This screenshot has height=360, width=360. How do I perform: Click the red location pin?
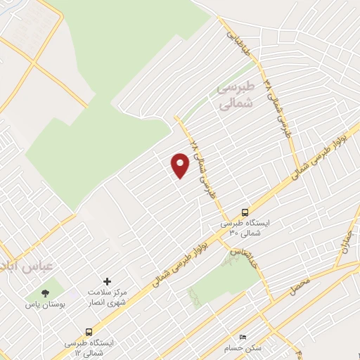coord(180,166)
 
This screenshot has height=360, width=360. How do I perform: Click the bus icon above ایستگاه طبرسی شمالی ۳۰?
coord(245,212)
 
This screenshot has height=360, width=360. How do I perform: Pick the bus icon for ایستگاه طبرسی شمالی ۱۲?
coord(89,331)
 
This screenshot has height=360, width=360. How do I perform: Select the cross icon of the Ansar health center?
coord(108,281)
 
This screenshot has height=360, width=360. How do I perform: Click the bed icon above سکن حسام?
coord(243,337)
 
